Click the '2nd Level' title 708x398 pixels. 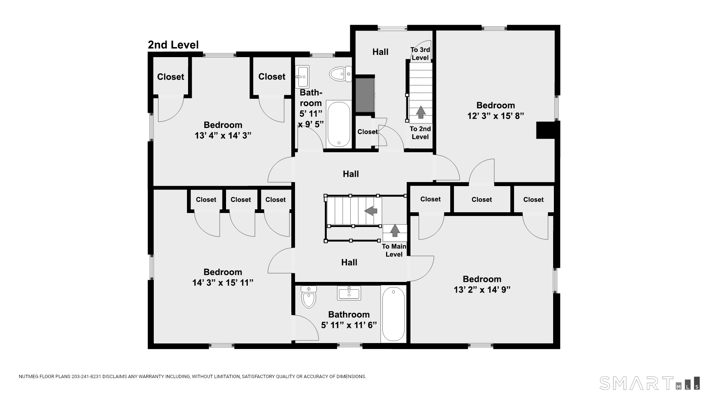click(x=173, y=45)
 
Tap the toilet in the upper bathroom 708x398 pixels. click(x=340, y=74)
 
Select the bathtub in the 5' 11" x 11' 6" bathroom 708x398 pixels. click(x=393, y=314)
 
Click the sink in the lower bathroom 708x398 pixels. click(x=349, y=293)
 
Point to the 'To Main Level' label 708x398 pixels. click(x=394, y=250)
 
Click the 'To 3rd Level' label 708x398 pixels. click(x=420, y=54)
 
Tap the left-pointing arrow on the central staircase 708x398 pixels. click(x=371, y=211)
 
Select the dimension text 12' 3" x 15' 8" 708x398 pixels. click(x=496, y=116)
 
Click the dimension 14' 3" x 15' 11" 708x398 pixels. click(x=223, y=283)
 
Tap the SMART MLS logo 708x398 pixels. click(x=650, y=383)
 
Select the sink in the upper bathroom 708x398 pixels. click(x=302, y=77)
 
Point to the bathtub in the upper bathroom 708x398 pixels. click(x=339, y=124)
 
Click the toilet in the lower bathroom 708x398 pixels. click(x=309, y=297)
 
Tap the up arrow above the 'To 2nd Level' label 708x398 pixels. click(x=420, y=112)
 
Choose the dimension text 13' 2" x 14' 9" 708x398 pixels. click(x=482, y=290)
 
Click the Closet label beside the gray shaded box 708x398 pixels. click(x=368, y=132)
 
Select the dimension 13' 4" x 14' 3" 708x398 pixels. click(x=223, y=136)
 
